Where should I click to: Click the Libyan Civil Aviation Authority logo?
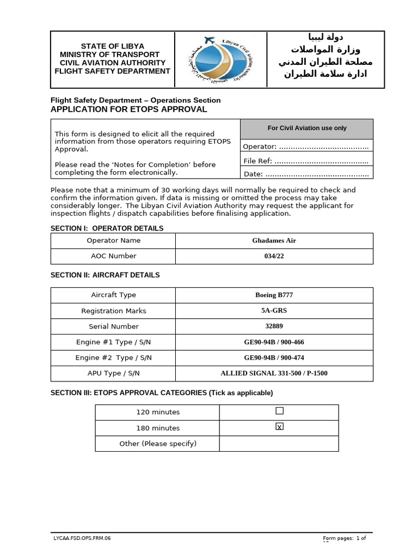[x=220, y=59]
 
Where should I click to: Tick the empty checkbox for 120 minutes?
[x=279, y=411]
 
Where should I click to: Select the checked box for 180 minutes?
[x=279, y=427]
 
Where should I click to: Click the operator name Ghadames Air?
[x=274, y=240]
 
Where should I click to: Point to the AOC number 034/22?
[x=274, y=256]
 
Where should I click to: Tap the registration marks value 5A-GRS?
[x=274, y=311]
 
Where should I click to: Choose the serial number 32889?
[x=274, y=326]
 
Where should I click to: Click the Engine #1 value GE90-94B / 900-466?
[x=274, y=342]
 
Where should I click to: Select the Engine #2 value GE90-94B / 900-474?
[x=274, y=358]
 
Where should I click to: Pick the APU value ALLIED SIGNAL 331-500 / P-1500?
[x=274, y=373]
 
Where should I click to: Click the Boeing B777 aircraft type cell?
[x=274, y=295]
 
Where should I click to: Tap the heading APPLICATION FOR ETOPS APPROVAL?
[x=128, y=109]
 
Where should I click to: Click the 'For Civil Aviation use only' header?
[x=307, y=128]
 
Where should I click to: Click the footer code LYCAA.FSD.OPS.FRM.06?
[x=82, y=538]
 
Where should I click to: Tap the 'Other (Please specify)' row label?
[x=158, y=444]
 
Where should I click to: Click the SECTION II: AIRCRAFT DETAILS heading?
[x=105, y=275]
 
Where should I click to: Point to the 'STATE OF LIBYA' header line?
[x=113, y=46]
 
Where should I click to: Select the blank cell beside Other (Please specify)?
[x=279, y=444]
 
